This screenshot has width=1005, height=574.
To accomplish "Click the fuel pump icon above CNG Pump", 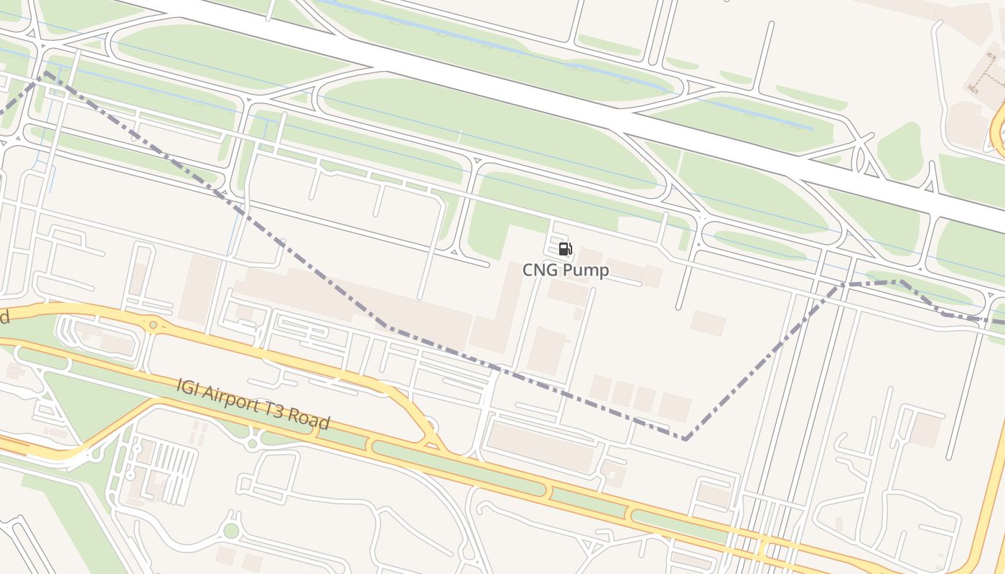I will point(565,249).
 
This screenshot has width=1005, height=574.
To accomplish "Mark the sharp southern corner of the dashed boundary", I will point(686,438).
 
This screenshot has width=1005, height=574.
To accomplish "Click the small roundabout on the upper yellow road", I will point(153,325).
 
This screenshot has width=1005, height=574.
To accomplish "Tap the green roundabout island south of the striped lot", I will point(230,531).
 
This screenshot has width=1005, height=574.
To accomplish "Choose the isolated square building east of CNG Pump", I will point(708,323).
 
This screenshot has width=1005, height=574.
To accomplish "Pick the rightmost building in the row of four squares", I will point(675,407).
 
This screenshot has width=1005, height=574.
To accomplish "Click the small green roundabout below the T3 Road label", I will point(252,443).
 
